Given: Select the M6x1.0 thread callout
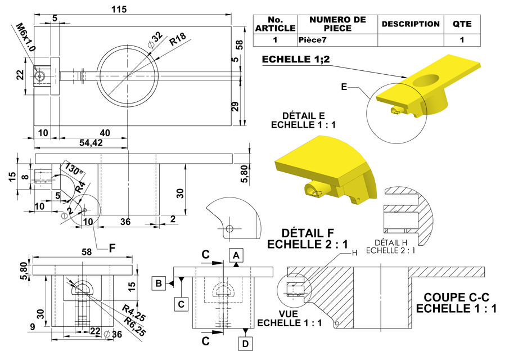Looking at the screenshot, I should coord(25,38).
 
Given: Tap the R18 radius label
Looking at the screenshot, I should coord(178,39).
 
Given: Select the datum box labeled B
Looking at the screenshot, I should coord(160,283).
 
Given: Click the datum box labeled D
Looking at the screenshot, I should coord(245,343).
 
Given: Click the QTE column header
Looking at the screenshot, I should coord(462,24).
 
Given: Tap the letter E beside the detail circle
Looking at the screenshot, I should coord(345,87).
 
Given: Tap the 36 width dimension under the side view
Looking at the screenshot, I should coord(125,222).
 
